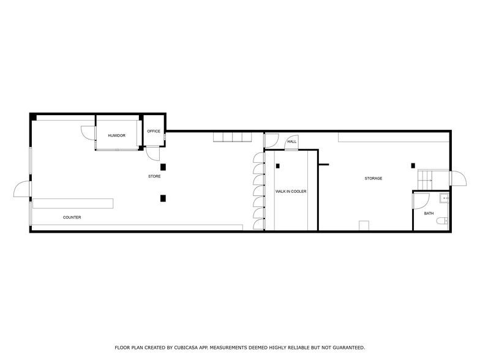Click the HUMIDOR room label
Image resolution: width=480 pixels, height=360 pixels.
[x=117, y=135]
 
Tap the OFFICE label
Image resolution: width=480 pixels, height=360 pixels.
[x=154, y=131]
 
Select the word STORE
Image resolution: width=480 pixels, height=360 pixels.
[x=154, y=177]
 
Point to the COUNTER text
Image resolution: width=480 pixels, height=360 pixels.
[x=72, y=217]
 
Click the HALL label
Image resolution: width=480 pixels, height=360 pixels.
[x=292, y=142]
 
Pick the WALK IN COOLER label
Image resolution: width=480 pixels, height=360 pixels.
[x=291, y=192]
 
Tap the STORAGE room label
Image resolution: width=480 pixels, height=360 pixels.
[x=373, y=179]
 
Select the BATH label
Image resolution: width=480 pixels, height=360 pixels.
[x=429, y=213]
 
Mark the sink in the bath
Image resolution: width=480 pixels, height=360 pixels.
[x=445, y=198]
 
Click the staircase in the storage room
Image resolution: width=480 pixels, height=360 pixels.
[x=425, y=179]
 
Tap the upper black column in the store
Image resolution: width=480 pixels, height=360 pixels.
[x=163, y=167]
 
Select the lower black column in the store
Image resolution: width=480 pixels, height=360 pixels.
[x=163, y=198]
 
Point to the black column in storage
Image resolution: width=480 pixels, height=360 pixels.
[x=414, y=165]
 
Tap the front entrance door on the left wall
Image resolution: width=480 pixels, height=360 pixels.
[x=22, y=190]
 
